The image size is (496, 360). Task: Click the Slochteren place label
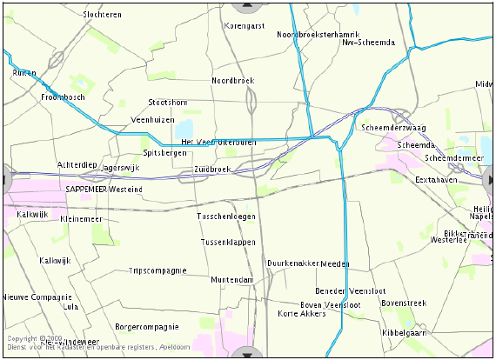[102, 15]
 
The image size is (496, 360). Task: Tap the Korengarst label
[245, 26]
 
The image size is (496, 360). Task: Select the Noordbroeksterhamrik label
[312, 34]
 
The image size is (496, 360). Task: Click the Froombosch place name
[63, 97]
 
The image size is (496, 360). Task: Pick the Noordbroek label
[232, 80]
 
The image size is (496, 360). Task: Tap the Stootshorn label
[167, 103]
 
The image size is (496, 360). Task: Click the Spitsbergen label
[164, 152]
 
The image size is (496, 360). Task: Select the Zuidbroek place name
[211, 169]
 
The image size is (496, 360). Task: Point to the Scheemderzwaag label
[393, 128]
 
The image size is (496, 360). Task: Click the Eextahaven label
[436, 179]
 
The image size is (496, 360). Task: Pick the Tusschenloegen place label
[226, 216]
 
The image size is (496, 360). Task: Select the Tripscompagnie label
[158, 270]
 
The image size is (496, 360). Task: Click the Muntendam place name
[231, 280]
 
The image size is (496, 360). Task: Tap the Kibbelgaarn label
[404, 333]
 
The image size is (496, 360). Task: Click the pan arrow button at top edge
[248, 5]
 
